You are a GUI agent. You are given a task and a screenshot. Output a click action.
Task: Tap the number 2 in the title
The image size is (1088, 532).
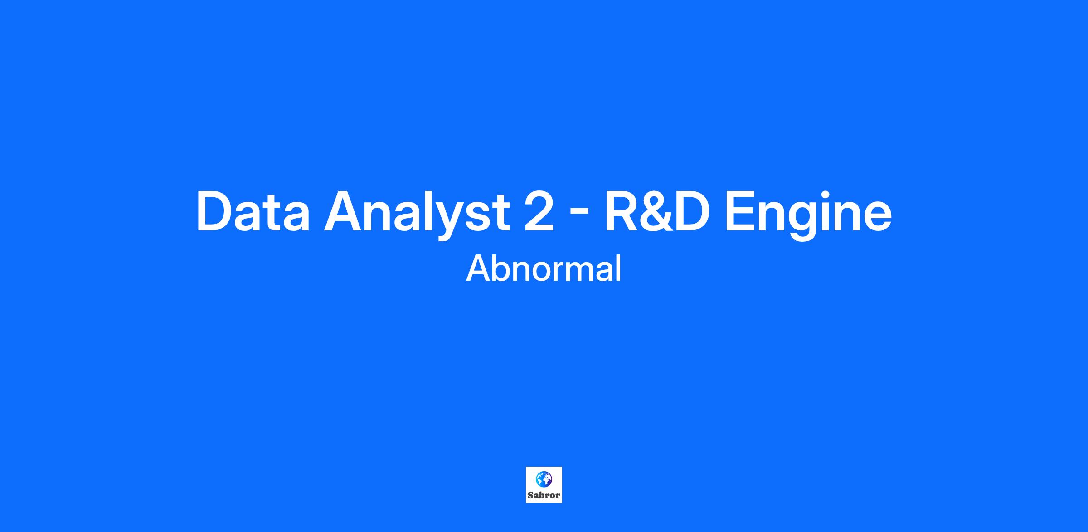click(539, 211)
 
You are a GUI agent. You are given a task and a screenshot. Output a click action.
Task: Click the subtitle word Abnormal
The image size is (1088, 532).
click(544, 268)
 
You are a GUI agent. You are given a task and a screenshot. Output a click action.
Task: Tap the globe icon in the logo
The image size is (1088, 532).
click(544, 479)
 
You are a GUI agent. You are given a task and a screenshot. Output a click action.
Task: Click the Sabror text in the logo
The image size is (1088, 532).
click(544, 495)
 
